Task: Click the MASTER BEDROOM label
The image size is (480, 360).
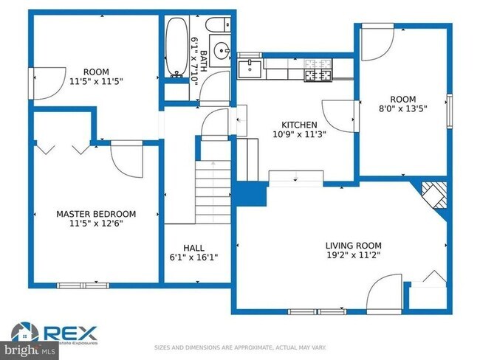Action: point(96,214)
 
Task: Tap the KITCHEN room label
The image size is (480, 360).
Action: point(299,125)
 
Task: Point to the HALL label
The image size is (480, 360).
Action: point(194,248)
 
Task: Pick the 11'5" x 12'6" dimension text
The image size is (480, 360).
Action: point(96,224)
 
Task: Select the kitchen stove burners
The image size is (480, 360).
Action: point(318,70)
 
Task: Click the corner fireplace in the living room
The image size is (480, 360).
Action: point(435,198)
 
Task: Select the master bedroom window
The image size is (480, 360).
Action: point(83,285)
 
